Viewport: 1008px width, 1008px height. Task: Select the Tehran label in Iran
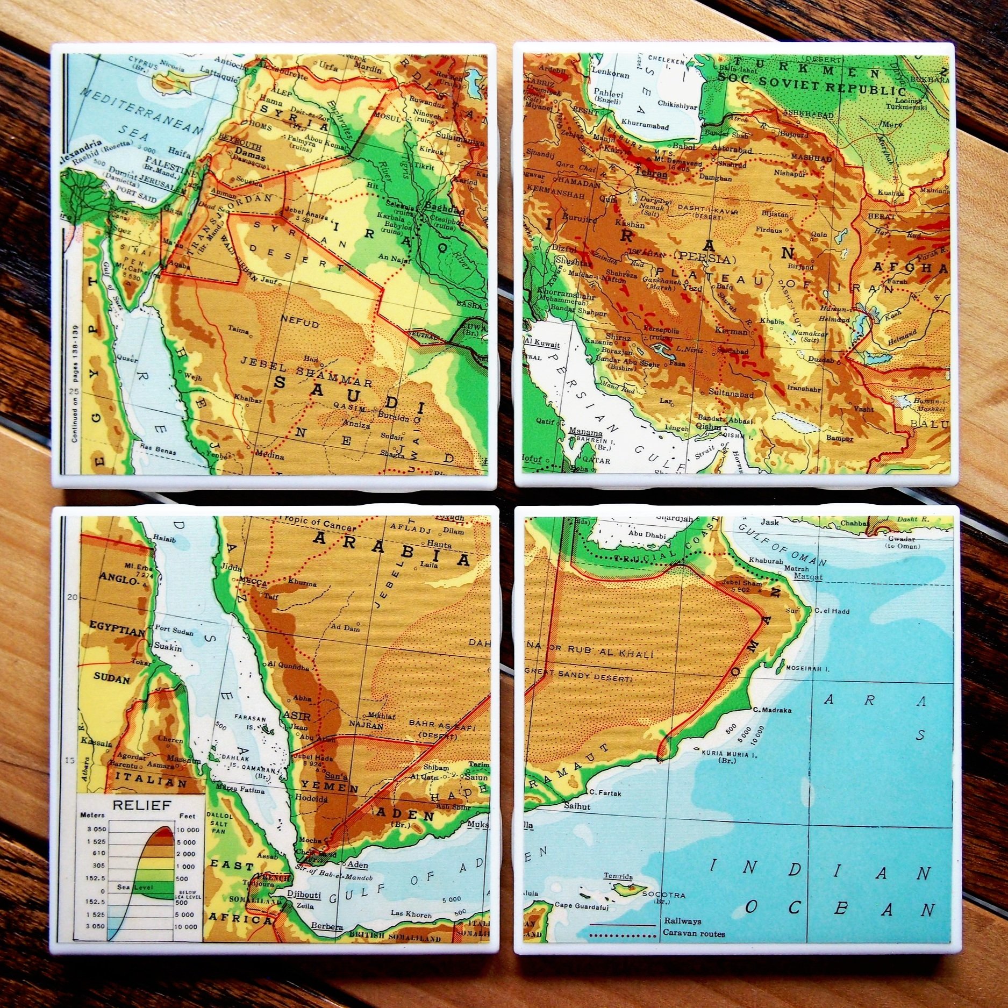[650, 174]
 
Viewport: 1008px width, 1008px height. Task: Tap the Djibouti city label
[304, 895]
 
